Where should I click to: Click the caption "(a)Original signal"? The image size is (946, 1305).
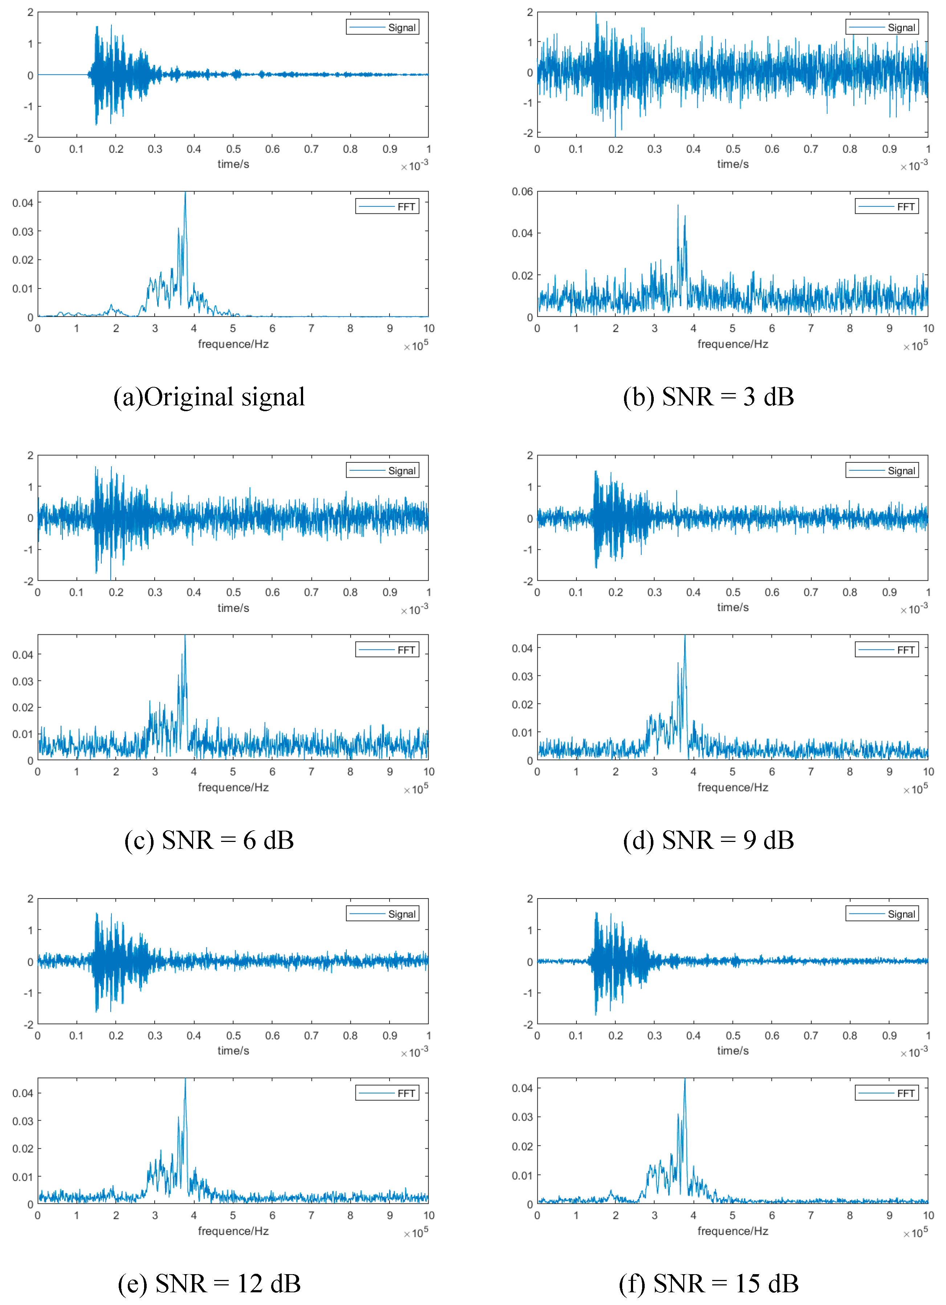click(x=209, y=397)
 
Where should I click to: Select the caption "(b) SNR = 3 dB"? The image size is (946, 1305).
click(x=708, y=397)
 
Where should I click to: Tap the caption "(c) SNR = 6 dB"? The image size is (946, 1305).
click(x=209, y=840)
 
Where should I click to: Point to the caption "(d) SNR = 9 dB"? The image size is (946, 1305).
click(x=708, y=840)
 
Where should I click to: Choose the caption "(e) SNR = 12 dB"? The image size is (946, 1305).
click(x=209, y=1283)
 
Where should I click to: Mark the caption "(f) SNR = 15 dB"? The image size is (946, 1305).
click(x=708, y=1283)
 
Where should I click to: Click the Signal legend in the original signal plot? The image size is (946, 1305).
click(x=383, y=28)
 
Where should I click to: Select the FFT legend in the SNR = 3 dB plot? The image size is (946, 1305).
click(x=887, y=206)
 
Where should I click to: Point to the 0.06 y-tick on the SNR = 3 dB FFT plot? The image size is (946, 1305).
click(x=522, y=192)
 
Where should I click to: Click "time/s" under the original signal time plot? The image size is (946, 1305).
click(x=233, y=164)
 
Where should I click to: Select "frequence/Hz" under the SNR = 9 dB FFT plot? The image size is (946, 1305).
click(x=733, y=787)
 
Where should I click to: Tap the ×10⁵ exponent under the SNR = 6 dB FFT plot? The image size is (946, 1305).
click(x=416, y=789)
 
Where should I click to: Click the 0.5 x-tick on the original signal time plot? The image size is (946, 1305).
click(x=233, y=150)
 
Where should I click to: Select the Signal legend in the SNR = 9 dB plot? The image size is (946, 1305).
click(x=882, y=471)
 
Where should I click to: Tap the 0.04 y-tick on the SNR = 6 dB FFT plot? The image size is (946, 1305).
click(x=23, y=655)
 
